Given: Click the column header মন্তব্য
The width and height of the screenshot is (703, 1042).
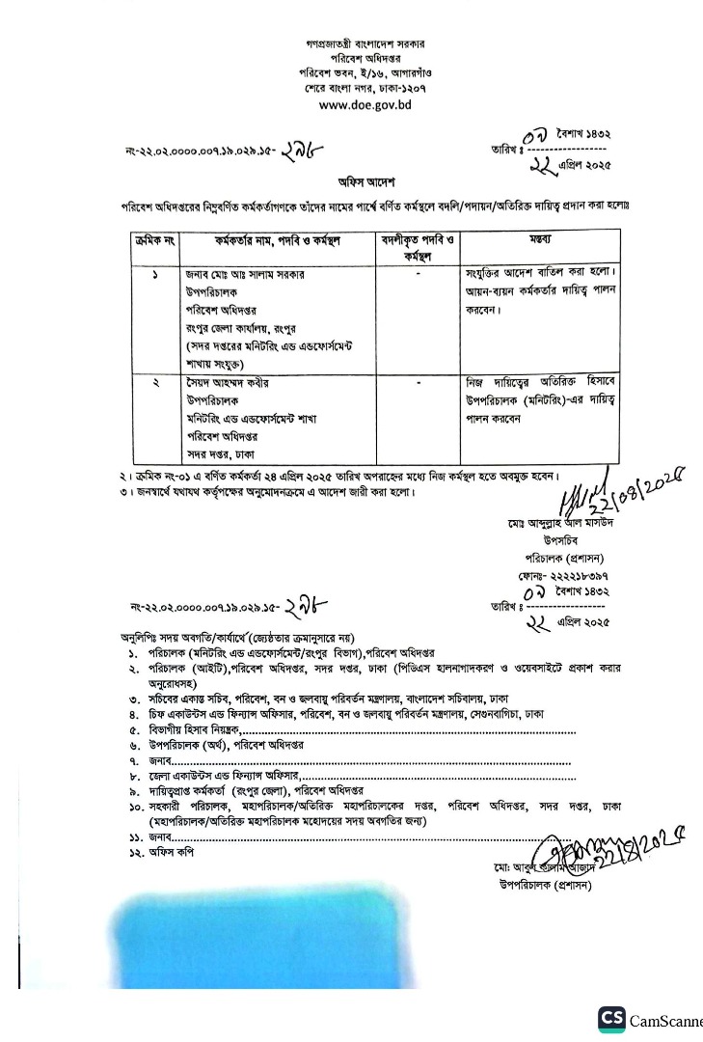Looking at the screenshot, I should pos(539,237).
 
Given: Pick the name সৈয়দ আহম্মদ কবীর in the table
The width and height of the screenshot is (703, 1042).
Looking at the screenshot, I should pos(227,383).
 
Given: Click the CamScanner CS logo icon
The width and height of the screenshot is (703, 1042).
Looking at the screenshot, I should pos(611,1020).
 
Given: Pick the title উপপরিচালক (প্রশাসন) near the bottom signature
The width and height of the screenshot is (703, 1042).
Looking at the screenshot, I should pos(545,883).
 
